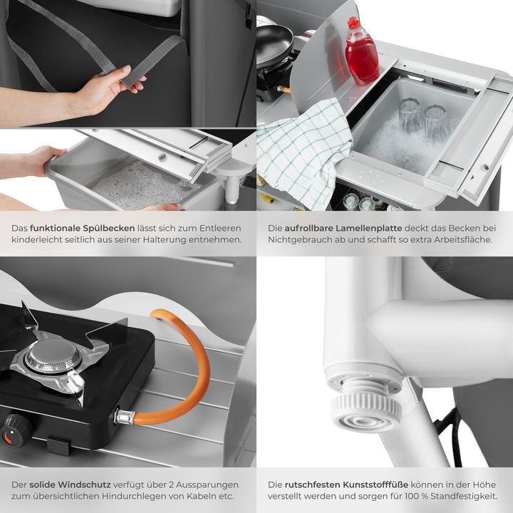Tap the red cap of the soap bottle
coord(353,23)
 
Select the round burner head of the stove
coord(53,356)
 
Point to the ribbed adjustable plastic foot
coord(366,409)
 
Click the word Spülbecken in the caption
coord(108,229)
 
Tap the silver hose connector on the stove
coord(125,417)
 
